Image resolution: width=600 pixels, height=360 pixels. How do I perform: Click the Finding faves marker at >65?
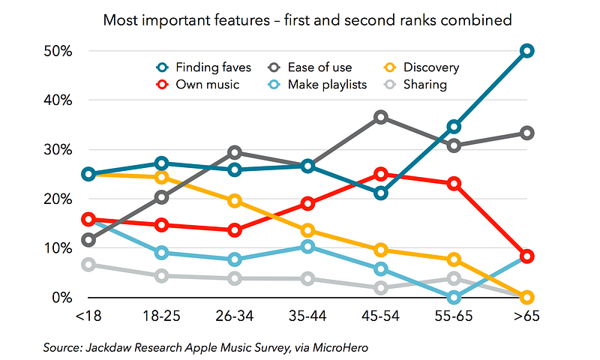[527, 51]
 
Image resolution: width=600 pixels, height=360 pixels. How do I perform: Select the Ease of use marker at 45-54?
[381, 118]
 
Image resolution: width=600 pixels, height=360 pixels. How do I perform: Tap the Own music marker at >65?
[527, 256]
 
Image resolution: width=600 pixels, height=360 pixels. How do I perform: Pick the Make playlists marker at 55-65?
[454, 297]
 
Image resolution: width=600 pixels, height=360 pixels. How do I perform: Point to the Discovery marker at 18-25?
[162, 178]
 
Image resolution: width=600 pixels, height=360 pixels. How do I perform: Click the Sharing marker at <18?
[88, 265]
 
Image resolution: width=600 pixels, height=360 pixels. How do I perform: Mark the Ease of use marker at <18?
[88, 241]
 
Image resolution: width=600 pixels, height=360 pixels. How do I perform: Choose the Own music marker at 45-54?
[381, 175]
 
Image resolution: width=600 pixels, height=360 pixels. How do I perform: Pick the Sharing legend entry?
[416, 84]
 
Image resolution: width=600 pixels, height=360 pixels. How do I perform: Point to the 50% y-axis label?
[57, 52]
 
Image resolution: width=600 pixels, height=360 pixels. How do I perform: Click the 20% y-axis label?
[57, 199]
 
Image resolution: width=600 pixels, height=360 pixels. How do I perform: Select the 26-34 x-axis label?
[235, 317]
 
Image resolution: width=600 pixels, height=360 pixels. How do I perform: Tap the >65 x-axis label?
[527, 317]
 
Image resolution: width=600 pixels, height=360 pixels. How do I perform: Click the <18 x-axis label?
[88, 317]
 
